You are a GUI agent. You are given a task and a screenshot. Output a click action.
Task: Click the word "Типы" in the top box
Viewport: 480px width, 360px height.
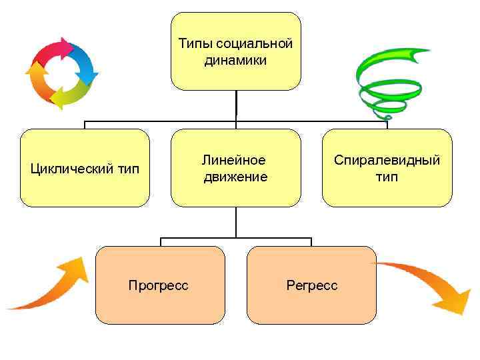click(x=193, y=44)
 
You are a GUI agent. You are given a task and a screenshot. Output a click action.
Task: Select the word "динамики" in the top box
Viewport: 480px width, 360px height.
click(x=235, y=61)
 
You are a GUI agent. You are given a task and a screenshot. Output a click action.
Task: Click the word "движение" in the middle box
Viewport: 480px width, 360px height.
click(x=235, y=177)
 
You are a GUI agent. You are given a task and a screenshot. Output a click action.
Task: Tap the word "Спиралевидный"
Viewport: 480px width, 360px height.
click(x=387, y=160)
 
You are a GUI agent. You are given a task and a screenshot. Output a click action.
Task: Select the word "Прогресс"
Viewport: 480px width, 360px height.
click(x=158, y=285)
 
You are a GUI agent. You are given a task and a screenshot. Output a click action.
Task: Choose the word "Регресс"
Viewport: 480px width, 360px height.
click(x=311, y=285)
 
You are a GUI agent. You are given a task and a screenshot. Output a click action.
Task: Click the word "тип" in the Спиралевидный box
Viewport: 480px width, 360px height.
click(x=387, y=177)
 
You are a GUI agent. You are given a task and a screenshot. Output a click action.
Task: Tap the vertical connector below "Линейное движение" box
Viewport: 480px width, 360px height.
click(x=235, y=222)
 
